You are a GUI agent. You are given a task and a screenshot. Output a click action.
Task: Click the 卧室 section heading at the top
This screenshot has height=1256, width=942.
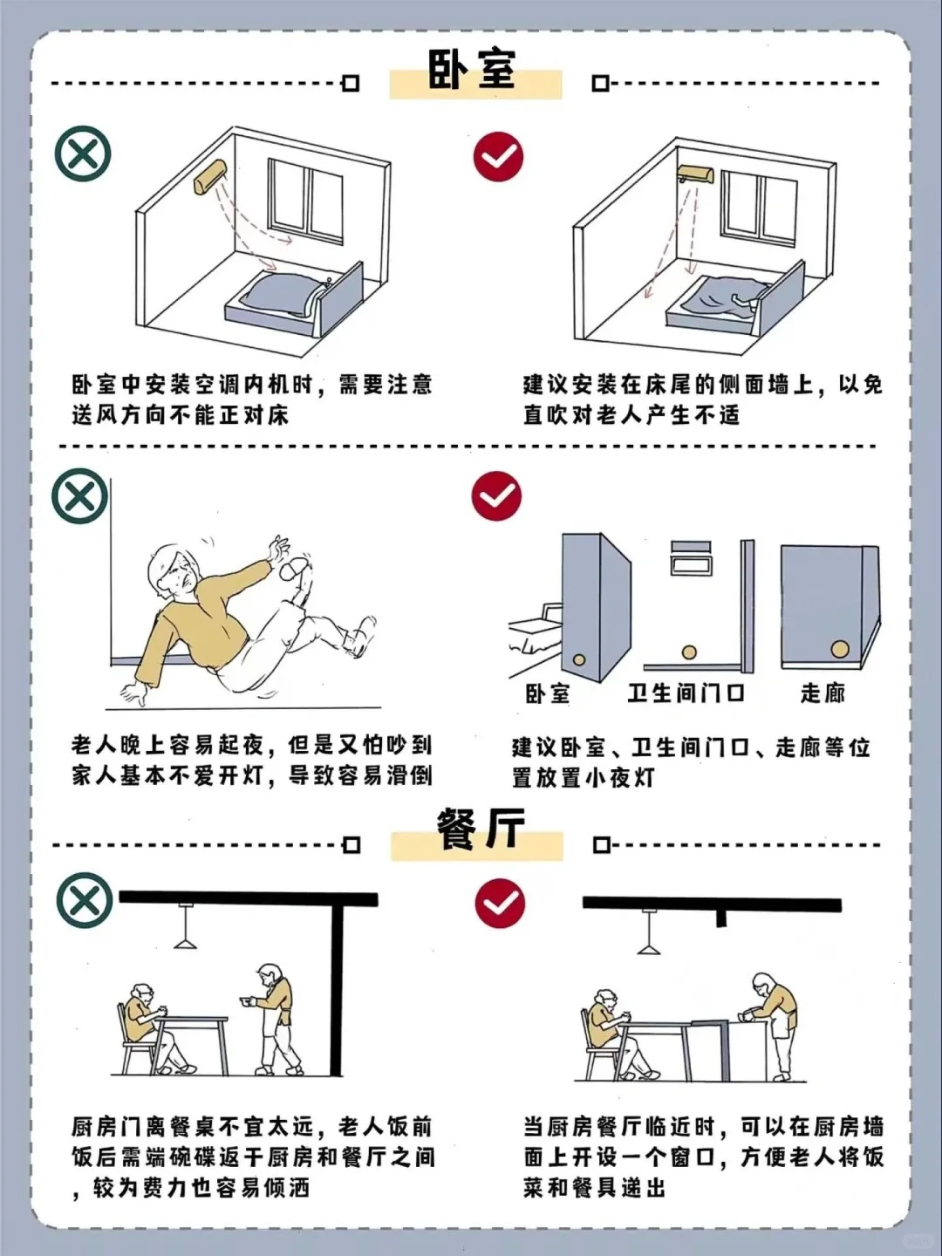click(x=472, y=70)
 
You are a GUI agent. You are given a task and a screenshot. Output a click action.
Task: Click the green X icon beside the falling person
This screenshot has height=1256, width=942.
click(x=80, y=497)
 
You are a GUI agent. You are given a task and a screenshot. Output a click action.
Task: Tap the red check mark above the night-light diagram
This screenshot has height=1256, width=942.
click(x=496, y=496)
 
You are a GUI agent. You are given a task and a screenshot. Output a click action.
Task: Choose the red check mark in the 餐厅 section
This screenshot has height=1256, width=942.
click(x=500, y=903)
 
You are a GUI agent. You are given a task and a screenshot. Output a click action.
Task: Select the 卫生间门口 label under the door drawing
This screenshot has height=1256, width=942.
click(x=686, y=693)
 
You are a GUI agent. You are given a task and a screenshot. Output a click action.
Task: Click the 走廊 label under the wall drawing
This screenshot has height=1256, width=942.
click(x=823, y=693)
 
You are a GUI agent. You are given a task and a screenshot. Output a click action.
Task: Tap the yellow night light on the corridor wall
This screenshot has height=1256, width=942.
click(x=840, y=649)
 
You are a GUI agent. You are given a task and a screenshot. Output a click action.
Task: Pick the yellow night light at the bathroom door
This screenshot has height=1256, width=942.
click(x=689, y=652)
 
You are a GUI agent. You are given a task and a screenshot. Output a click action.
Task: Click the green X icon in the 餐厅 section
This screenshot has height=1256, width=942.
click(x=85, y=901)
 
